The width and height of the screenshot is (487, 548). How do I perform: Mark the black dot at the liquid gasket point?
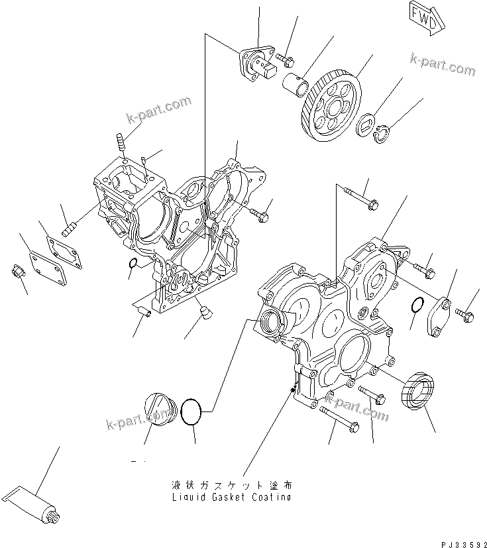tap(294, 389)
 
